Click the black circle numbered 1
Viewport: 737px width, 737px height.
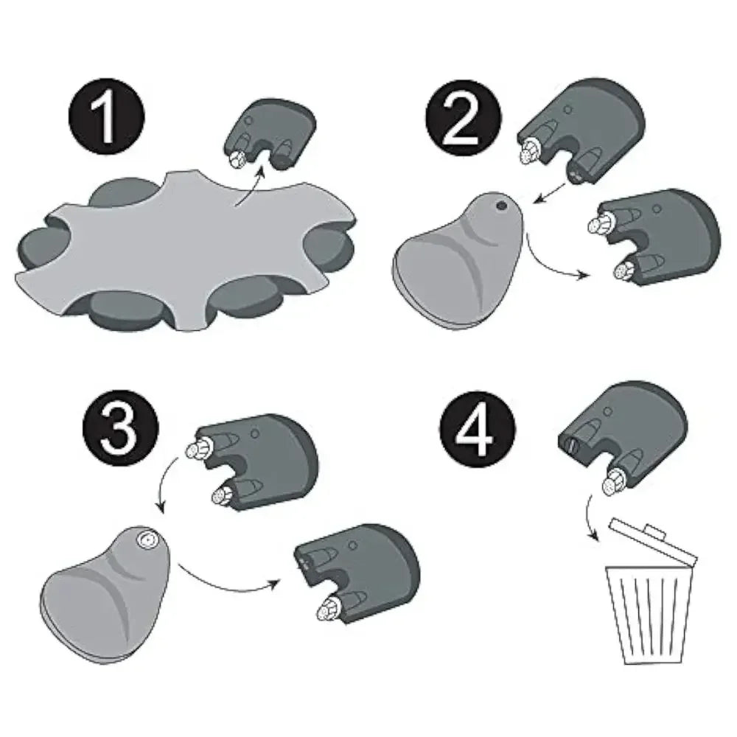pos(107,117)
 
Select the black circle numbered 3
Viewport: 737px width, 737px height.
pos(121,429)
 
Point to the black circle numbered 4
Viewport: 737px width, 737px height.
pos(478,429)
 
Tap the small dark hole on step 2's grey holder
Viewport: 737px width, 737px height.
pos(501,206)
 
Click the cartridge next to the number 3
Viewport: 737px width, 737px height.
pos(253,463)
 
